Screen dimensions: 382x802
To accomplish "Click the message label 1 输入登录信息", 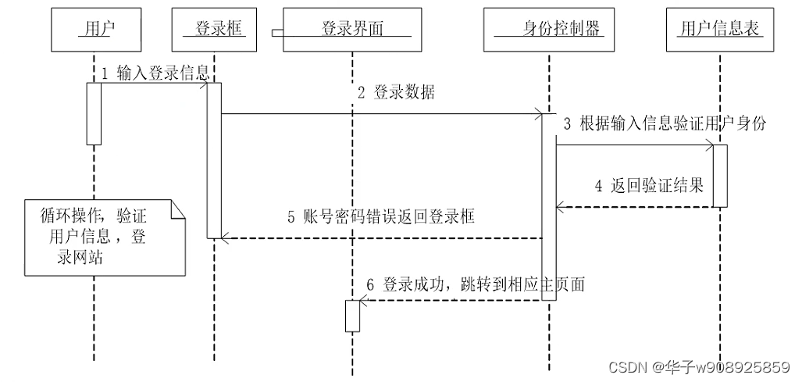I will click(x=155, y=73).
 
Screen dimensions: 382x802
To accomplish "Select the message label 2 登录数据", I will click(x=396, y=93).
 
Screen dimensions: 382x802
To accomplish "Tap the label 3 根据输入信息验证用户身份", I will click(x=664, y=123).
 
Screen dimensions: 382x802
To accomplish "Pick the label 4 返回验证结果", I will click(x=648, y=186).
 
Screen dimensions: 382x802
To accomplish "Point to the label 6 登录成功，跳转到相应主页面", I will click(x=476, y=285).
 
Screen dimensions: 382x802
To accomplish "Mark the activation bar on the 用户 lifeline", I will click(x=94, y=113).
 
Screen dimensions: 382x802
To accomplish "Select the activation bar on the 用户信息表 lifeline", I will click(x=720, y=176).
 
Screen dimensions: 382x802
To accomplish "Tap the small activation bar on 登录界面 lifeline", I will click(x=352, y=316).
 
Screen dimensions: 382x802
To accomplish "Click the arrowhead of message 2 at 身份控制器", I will click(x=539, y=115).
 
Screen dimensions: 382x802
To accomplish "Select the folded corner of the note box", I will click(x=179, y=209).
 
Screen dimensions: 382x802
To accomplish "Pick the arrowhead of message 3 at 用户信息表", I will click(x=709, y=145).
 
